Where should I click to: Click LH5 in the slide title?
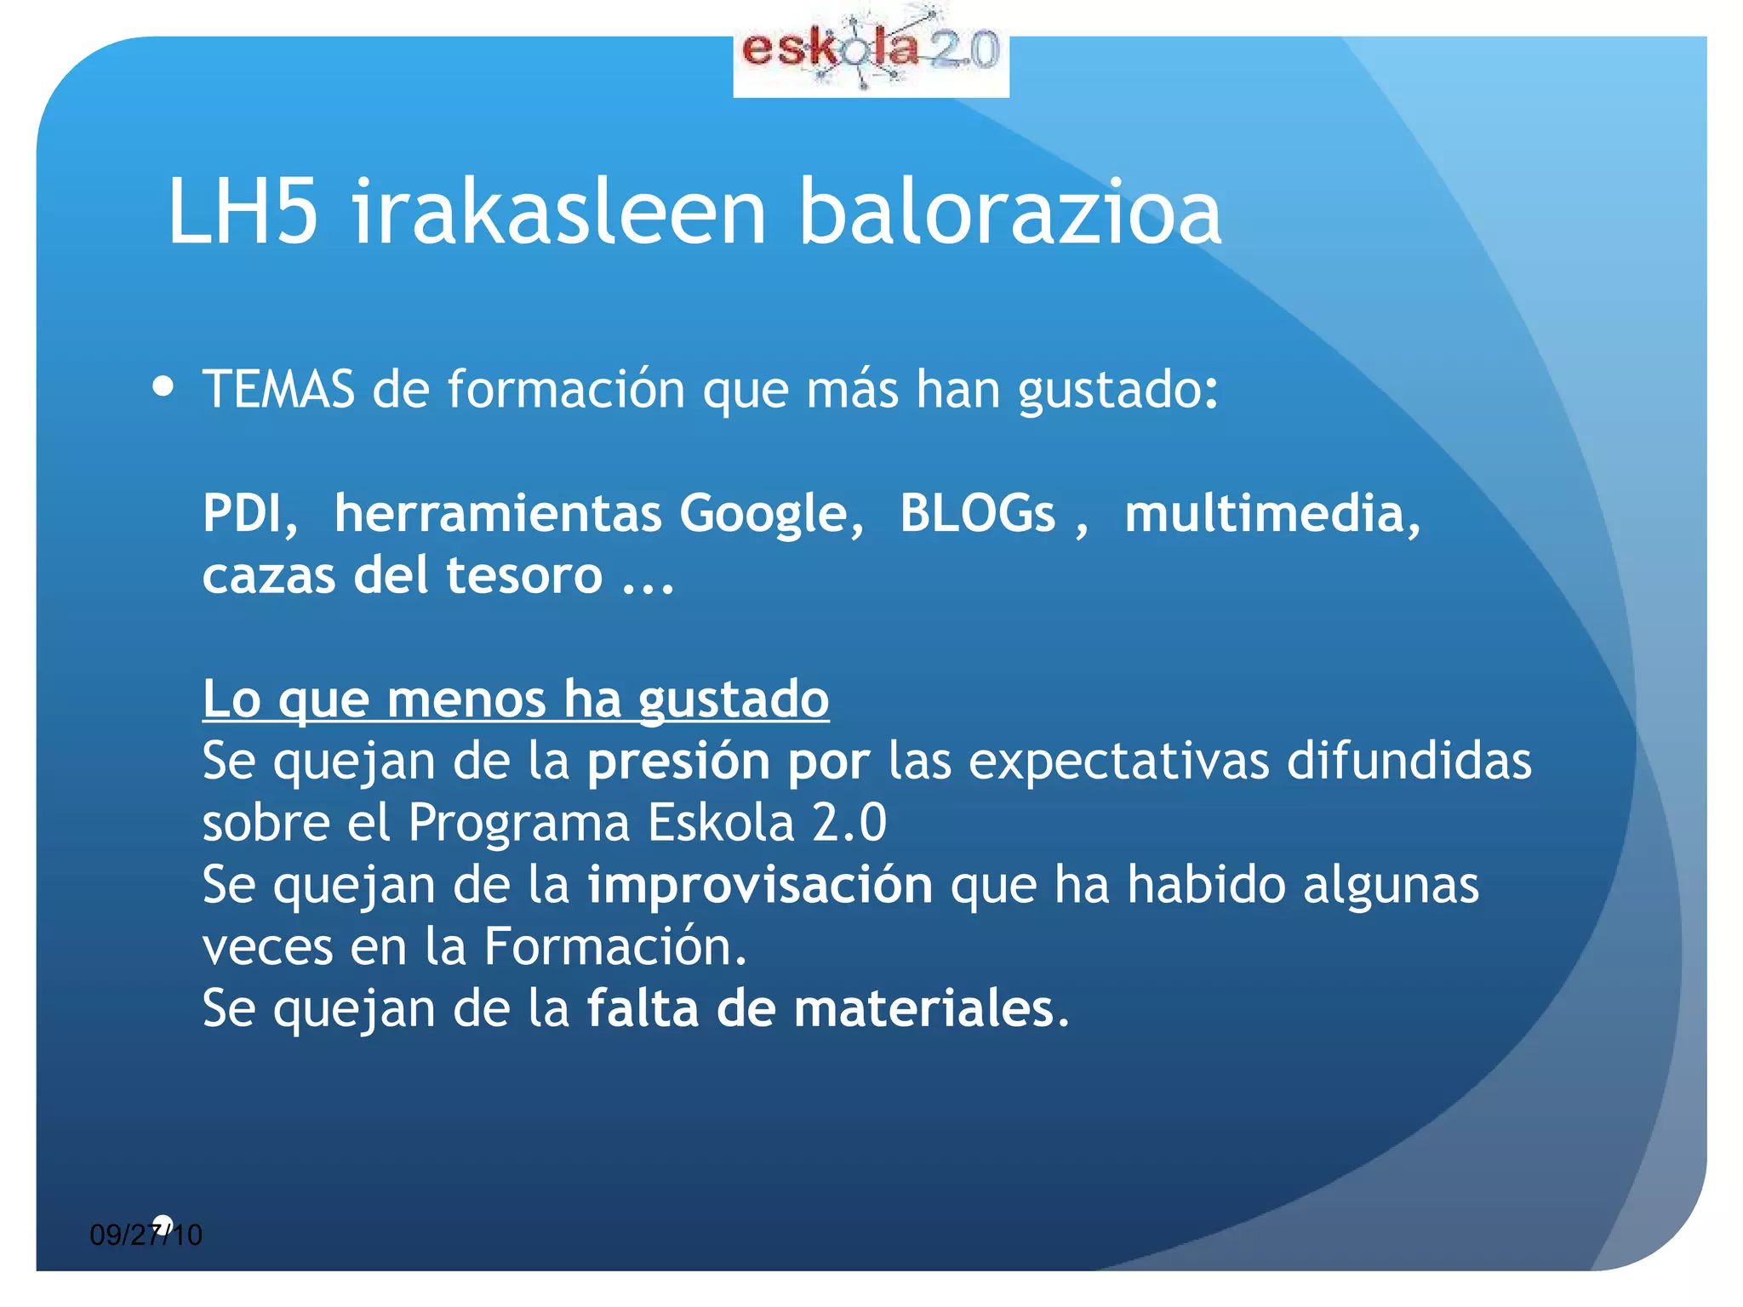point(243,213)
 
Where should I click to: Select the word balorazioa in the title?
point(1010,213)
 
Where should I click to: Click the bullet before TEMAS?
point(163,388)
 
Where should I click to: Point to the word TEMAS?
point(278,390)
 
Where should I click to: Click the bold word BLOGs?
point(977,514)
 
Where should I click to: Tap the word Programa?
point(518,824)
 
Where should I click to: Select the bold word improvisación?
point(760,885)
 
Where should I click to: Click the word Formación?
point(615,947)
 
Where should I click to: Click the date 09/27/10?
point(146,1235)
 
